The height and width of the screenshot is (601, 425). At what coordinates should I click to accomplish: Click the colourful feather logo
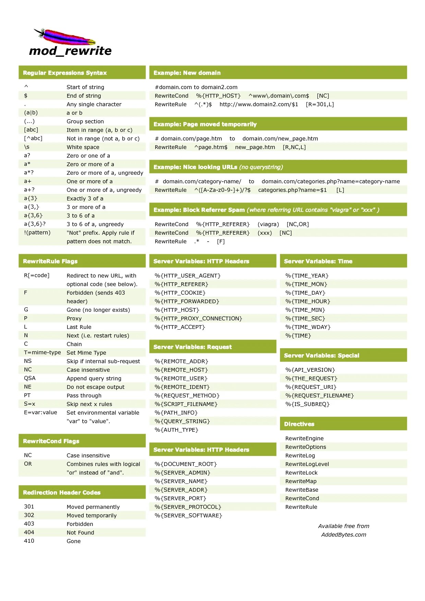[x=65, y=37]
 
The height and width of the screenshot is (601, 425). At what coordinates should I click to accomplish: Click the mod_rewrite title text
[x=70, y=51]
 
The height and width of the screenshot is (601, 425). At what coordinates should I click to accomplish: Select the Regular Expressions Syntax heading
[x=65, y=73]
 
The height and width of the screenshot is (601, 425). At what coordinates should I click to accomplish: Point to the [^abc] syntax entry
[x=33, y=138]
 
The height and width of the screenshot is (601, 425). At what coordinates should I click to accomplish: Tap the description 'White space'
[x=83, y=147]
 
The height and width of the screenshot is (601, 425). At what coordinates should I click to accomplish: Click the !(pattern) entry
[x=37, y=233]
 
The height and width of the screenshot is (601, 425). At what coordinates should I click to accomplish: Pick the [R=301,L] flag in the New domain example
[x=320, y=104]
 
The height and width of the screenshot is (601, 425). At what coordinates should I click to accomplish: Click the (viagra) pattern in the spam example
[x=268, y=224]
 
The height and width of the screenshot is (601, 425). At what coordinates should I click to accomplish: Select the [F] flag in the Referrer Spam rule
[x=221, y=241]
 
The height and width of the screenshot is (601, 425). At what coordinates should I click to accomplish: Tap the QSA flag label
[x=30, y=378]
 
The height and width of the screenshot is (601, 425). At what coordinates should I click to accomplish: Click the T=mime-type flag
[x=42, y=353]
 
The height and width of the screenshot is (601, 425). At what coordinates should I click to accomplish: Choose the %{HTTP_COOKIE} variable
[x=180, y=293]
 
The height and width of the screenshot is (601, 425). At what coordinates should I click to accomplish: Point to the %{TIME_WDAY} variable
[x=308, y=327]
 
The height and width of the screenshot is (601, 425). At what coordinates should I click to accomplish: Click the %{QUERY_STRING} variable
[x=182, y=421]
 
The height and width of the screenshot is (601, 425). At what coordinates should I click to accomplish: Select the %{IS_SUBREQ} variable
[x=307, y=404]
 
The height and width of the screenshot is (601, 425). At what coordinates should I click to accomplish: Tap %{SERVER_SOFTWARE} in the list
[x=188, y=515]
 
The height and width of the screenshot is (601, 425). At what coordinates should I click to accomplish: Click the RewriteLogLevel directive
[x=307, y=464]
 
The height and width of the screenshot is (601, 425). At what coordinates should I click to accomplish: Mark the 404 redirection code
[x=29, y=532]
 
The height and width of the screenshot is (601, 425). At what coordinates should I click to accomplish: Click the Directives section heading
[x=299, y=424]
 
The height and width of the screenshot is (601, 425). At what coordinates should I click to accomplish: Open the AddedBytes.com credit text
[x=343, y=535]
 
